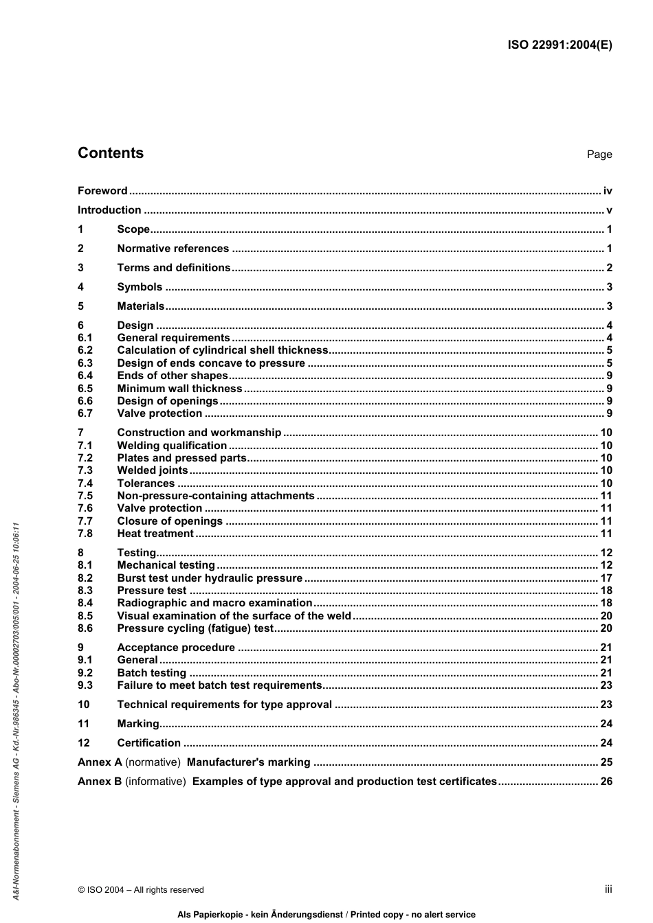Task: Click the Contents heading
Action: point(111,153)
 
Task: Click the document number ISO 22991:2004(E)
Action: point(560,45)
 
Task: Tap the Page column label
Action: point(599,155)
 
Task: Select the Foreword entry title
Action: point(102,191)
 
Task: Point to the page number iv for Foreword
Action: point(607,191)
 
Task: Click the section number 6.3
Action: point(85,363)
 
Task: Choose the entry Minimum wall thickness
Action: point(179,389)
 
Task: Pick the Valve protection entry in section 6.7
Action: point(159,413)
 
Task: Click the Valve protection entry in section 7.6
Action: point(159,508)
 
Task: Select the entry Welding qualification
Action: point(172,446)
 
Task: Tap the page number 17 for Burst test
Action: point(606,578)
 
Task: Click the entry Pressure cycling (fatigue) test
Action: point(195,628)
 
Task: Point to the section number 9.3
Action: point(85,685)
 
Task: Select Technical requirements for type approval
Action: point(224,705)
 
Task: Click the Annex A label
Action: point(100,762)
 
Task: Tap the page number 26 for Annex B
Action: point(606,782)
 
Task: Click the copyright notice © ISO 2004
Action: point(141,890)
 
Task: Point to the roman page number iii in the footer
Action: point(608,889)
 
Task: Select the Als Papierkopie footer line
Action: point(326,915)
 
